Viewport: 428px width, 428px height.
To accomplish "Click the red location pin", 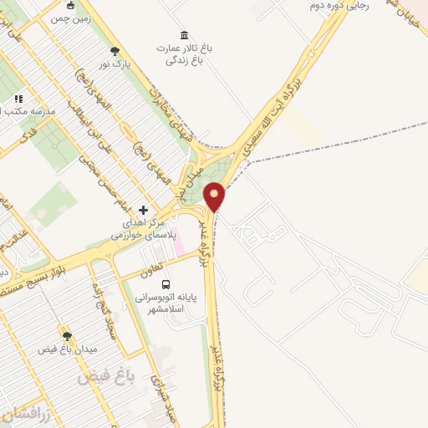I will tap(215, 196).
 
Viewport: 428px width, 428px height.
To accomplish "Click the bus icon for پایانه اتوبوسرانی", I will tap(165, 284).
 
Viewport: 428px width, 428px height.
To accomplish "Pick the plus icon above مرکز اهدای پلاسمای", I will tap(143, 210).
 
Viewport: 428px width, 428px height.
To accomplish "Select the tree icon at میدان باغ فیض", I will tap(66, 335).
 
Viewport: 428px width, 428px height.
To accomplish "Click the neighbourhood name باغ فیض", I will tap(99, 377).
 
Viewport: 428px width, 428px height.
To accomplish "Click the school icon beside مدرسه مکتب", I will tap(18, 98).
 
